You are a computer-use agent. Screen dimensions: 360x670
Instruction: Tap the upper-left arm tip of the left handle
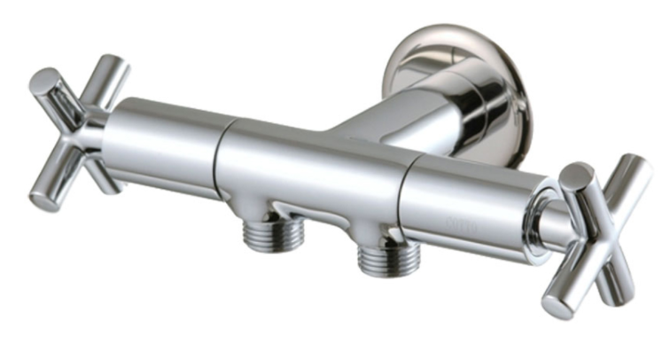point(42,82)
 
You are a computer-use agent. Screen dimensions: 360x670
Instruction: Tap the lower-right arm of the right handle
point(619,284)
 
